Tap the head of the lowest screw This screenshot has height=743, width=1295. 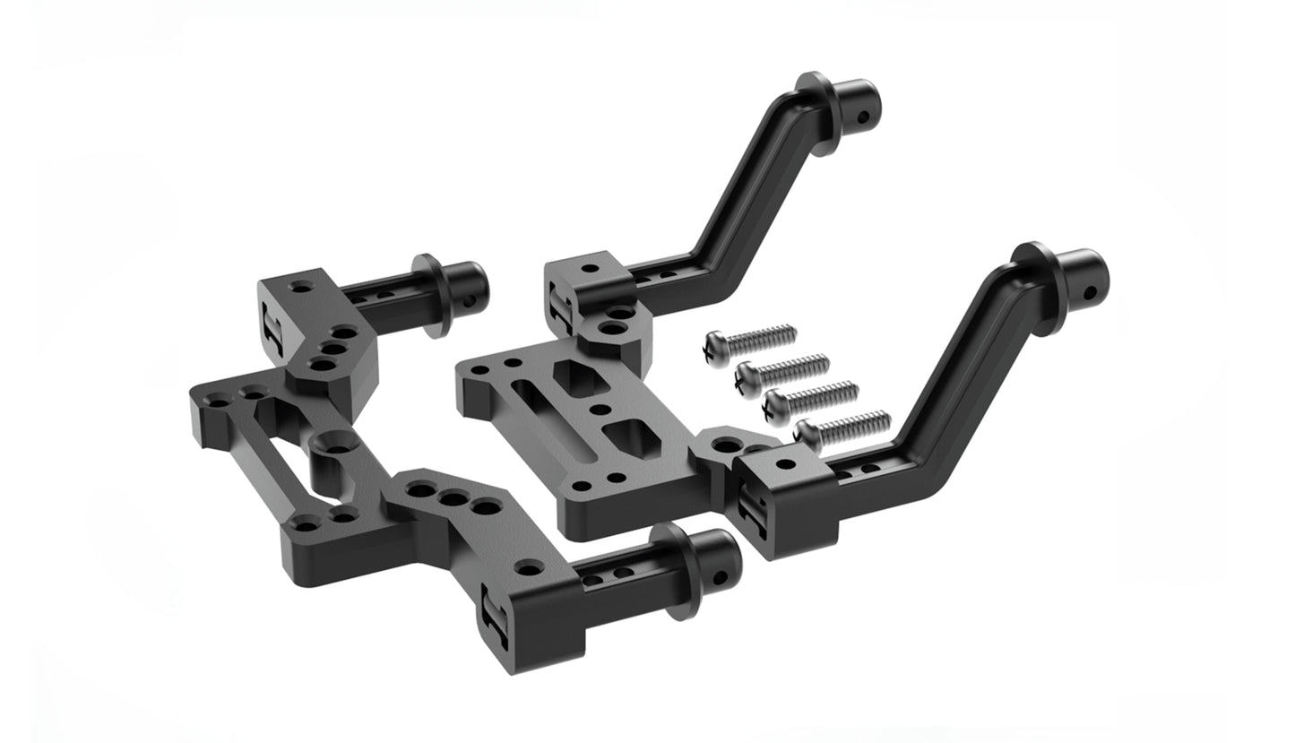tap(807, 435)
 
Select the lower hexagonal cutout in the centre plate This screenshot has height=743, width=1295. tap(629, 441)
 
